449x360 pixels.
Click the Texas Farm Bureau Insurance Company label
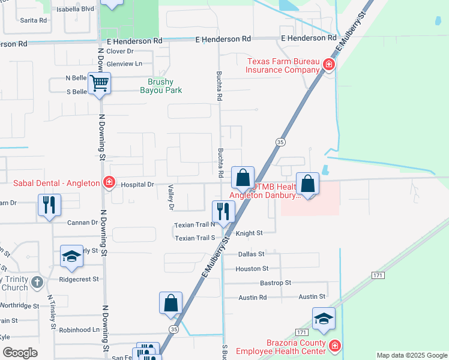[282, 65]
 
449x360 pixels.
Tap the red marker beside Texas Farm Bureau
[329, 64]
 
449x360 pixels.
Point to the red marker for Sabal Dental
[109, 182]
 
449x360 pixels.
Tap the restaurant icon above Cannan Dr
[49, 204]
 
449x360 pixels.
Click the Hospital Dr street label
[138, 185]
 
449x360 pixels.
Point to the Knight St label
[249, 233]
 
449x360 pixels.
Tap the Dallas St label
[252, 254]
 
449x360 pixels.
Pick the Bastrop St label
[276, 282]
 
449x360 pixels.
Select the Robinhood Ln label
[79, 329]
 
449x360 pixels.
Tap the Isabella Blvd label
[75, 9]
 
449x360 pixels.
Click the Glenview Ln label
[124, 63]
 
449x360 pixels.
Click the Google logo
[20, 353]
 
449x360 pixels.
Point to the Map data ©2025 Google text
[411, 355]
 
